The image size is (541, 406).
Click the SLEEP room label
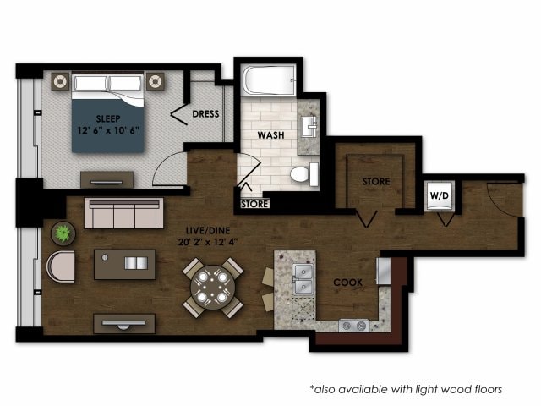click(x=107, y=118)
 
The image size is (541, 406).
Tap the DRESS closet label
click(x=206, y=113)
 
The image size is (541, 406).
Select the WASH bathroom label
click(x=270, y=134)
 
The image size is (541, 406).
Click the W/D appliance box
click(x=440, y=196)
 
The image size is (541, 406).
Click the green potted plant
click(x=62, y=233)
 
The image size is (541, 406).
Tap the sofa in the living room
click(x=124, y=214)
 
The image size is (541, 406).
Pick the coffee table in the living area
click(x=124, y=264)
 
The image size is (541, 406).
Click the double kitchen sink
click(x=301, y=277)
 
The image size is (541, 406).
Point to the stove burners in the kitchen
click(x=353, y=325)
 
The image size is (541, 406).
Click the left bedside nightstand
click(x=61, y=81)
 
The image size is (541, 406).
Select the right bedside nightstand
click(x=155, y=81)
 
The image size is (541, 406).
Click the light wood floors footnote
click(x=406, y=389)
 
